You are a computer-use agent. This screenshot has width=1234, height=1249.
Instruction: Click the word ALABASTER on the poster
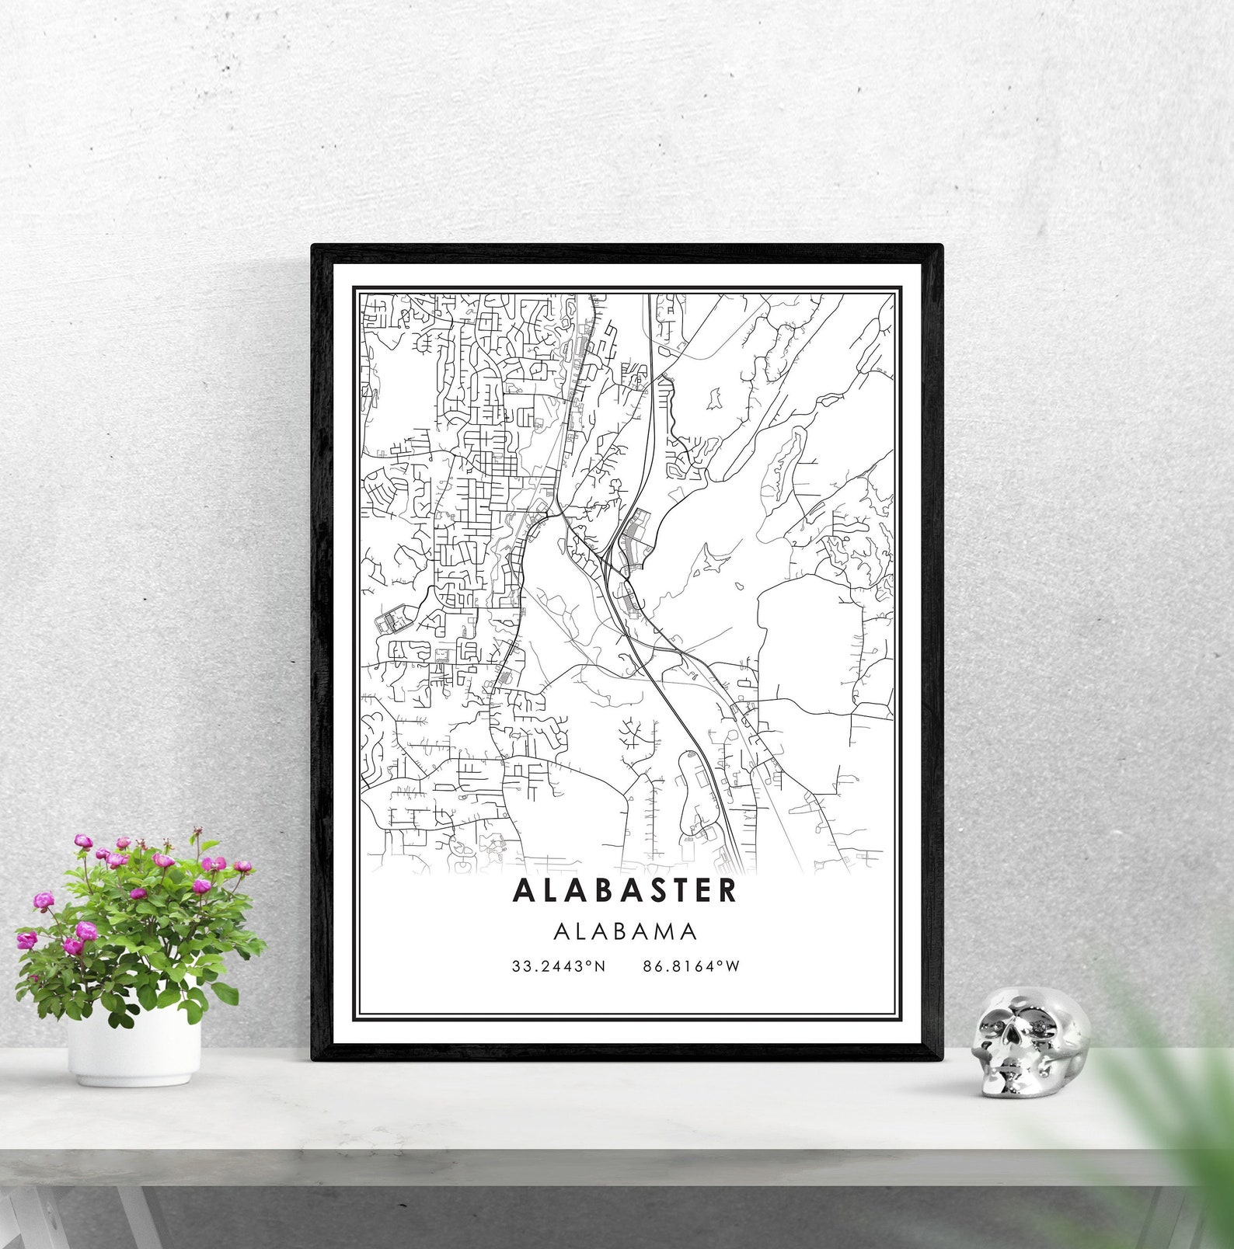[x=625, y=890]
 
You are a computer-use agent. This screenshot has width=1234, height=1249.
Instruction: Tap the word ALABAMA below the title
[x=625, y=931]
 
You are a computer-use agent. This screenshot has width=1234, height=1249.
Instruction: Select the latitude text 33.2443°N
[x=558, y=966]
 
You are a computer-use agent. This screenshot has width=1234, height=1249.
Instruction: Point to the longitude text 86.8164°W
[x=692, y=966]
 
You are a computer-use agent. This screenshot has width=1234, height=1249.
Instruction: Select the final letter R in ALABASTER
[x=727, y=890]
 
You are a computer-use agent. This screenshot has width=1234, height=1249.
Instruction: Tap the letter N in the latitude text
[x=600, y=966]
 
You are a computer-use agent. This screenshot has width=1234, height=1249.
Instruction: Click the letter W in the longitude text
[x=733, y=966]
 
